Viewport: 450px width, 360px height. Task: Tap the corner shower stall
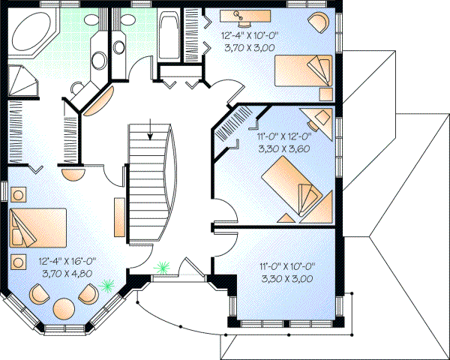pyautogui.click(x=20, y=81)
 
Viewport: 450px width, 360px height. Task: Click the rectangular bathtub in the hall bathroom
pyautogui.click(x=169, y=37)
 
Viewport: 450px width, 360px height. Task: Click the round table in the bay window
pyautogui.click(x=64, y=308)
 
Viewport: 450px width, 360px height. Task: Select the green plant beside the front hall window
pyautogui.click(x=161, y=267)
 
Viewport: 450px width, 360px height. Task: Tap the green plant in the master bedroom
pyautogui.click(x=108, y=285)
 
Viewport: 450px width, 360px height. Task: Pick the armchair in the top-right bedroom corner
pyautogui.click(x=318, y=20)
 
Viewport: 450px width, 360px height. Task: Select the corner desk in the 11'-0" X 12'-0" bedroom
pyautogui.click(x=318, y=117)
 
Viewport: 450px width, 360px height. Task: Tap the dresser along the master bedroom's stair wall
pyautogui.click(x=118, y=217)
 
